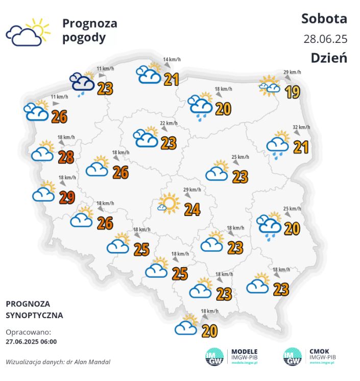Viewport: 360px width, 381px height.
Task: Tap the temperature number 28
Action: pos(66,157)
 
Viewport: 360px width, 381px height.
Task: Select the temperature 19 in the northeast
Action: pos(292,92)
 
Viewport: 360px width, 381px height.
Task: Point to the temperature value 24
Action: pos(192,209)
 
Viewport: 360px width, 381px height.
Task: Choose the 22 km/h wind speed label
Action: pos(169,123)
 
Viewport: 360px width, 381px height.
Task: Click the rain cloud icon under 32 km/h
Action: pos(278,144)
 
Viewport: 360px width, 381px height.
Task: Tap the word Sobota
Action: pos(324,19)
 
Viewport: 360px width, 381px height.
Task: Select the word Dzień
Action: pos(328,58)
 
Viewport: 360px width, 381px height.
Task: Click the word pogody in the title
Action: pos(84,37)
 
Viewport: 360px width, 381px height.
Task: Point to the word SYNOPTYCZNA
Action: pos(34,315)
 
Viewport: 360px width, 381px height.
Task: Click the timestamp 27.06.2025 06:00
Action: pos(31,342)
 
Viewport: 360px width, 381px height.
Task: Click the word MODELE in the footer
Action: pos(245,351)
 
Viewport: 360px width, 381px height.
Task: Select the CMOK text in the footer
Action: pos(320,351)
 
